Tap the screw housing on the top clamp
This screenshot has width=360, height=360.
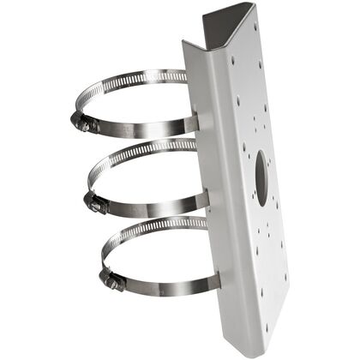[x=83, y=123]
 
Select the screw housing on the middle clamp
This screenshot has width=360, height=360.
[x=94, y=202]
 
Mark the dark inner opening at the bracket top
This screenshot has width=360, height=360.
[x=225, y=26]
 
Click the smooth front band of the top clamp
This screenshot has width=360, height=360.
[x=146, y=129]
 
